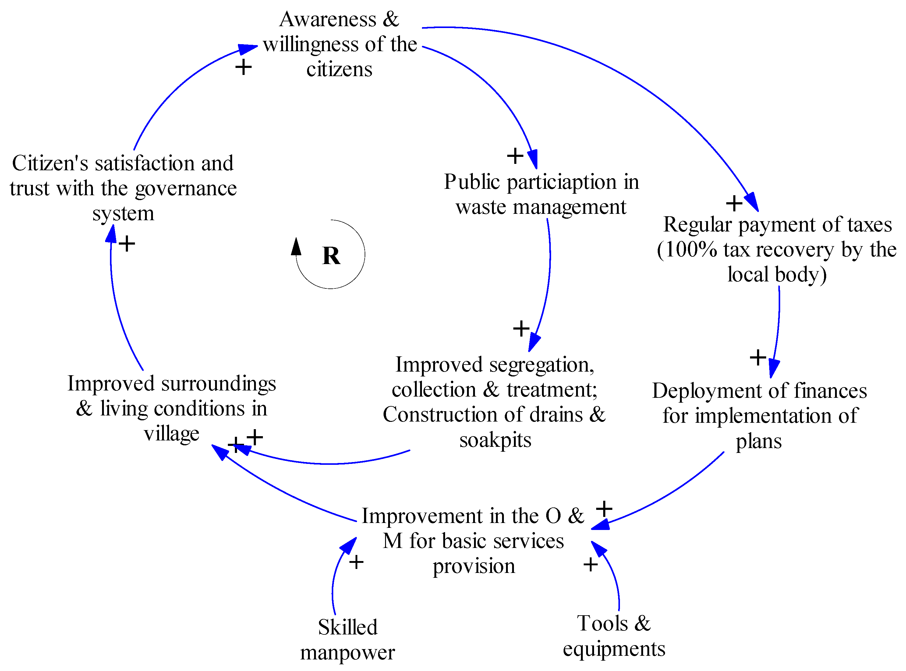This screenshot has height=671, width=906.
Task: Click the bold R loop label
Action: [331, 256]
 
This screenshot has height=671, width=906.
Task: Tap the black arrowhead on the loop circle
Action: [296, 246]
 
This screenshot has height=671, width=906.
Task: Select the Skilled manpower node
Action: [347, 639]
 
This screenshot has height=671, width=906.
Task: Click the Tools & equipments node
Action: [614, 635]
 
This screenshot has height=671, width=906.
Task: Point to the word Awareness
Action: [328, 19]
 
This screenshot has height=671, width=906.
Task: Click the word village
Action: [172, 434]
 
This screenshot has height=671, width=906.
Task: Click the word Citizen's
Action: [50, 163]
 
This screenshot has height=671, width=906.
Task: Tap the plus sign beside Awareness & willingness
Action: [243, 67]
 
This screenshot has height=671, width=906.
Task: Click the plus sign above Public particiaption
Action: [515, 156]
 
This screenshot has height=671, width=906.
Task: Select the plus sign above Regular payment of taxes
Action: [734, 203]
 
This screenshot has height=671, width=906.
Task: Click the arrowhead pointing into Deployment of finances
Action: [774, 369]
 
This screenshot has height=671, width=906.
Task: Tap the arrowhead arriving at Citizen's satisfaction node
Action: [111, 234]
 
